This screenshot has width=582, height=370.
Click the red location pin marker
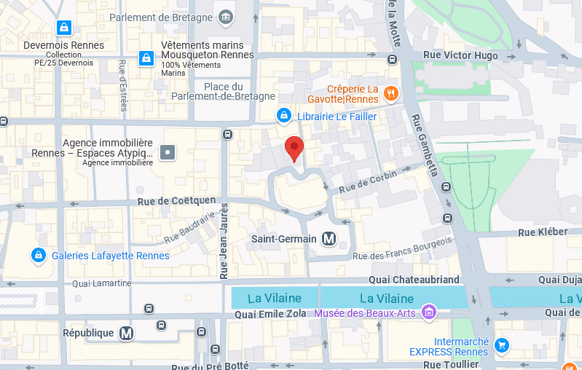(x=294, y=148)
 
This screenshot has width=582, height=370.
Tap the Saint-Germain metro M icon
(x=329, y=239)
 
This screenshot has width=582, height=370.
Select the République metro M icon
(x=127, y=333)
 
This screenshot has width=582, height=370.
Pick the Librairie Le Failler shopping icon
(x=283, y=116)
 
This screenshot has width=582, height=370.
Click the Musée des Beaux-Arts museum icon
(x=429, y=313)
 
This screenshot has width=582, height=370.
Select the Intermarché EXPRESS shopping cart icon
(x=501, y=345)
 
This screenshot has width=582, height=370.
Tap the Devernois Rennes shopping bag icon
(x=64, y=28)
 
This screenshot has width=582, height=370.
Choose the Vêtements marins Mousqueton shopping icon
(x=146, y=58)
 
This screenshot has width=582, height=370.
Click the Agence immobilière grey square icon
(x=168, y=152)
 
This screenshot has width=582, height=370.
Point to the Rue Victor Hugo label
(x=461, y=55)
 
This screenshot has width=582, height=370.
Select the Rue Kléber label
(x=542, y=232)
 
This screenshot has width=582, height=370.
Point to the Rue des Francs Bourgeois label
(x=403, y=248)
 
